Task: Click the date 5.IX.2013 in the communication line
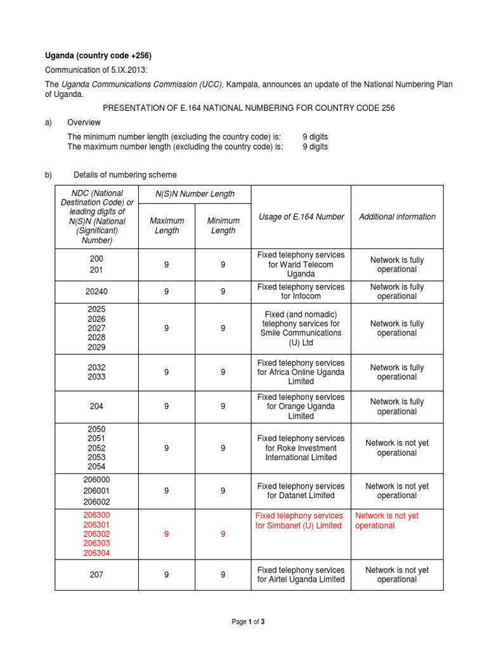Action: coord(127,70)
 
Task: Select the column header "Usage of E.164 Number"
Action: coord(301,217)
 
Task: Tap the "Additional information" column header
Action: coord(397,217)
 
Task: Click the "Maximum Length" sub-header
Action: coord(167,226)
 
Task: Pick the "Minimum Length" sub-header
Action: coord(223,226)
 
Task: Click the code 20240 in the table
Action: coord(96,292)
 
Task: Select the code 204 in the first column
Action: coord(96,407)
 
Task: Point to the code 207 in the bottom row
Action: coord(96,575)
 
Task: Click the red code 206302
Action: coord(96,534)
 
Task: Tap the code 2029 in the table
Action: coord(96,347)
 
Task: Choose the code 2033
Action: coord(96,377)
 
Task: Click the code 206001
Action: coord(96,491)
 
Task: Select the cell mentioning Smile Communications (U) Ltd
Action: coord(301,328)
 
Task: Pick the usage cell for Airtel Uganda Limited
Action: coord(301,575)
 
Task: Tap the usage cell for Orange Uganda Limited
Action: coord(301,407)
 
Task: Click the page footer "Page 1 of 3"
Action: coord(248,622)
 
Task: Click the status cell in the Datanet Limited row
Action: coord(397,491)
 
